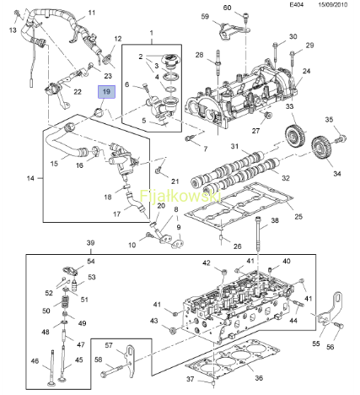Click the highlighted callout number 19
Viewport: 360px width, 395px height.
coord(106,92)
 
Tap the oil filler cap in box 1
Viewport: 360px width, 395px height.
coord(169,61)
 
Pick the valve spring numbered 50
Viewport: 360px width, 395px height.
coord(65,302)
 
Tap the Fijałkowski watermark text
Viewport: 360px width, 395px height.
coord(180,196)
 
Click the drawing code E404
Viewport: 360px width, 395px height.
coord(297,4)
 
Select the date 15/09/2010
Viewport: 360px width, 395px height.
coord(333,4)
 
